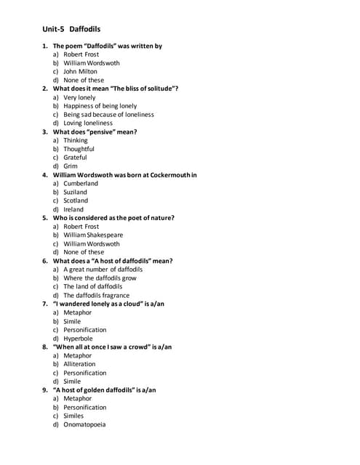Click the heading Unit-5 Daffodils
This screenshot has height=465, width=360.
[71, 29]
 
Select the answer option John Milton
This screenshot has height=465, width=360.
[80, 72]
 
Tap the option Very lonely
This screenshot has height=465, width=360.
[79, 97]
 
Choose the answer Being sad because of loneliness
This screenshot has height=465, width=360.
[108, 115]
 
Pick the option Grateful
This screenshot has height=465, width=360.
[75, 158]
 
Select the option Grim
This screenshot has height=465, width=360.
[71, 166]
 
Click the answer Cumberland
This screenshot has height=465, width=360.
[81, 184]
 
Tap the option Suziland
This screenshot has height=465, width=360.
[75, 193]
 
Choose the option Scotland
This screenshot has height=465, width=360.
[76, 201]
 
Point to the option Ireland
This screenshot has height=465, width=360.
[73, 209]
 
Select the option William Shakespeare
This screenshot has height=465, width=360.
[93, 235]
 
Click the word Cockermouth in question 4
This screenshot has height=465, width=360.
[172, 175]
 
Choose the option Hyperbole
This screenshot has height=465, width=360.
[78, 339]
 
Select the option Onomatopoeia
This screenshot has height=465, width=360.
[84, 425]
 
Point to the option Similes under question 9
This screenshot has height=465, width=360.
[73, 416]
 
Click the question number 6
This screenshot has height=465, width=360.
[45, 261]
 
